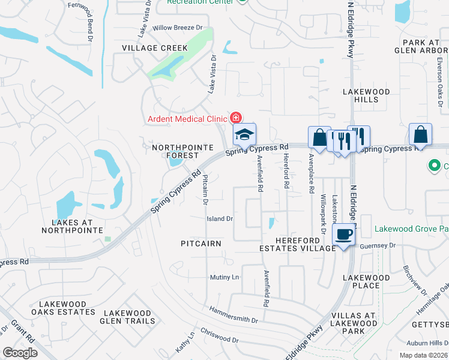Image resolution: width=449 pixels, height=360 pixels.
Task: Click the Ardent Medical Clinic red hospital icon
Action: tap(237, 118)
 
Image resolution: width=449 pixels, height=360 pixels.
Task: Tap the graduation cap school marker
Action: tap(244, 135)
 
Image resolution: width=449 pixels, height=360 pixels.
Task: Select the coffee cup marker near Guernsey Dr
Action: tap(343, 234)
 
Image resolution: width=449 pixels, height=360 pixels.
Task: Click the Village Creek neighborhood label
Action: tap(155, 48)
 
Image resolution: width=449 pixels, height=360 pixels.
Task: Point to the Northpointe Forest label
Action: tap(175, 151)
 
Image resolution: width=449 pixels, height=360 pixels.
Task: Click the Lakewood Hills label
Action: tap(366, 96)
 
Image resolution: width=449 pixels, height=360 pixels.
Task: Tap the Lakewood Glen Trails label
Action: tap(127, 317)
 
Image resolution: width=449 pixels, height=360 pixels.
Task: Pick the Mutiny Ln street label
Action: tap(224, 277)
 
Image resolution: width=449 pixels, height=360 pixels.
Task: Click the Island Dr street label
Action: tap(220, 219)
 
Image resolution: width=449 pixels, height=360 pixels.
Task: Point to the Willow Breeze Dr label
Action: tap(178, 28)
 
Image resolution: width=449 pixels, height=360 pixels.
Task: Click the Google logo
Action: tap(20, 353)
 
